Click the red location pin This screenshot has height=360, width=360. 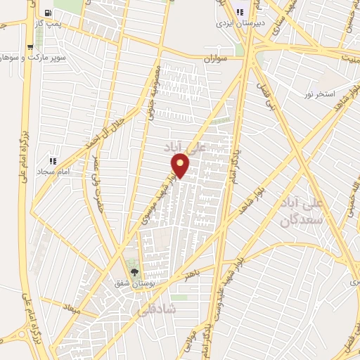tap(180, 166)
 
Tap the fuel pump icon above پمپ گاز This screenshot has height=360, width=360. tap(47, 13)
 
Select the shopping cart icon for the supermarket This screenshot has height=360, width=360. tap(30, 47)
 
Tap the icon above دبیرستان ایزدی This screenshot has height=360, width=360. tap(240, 11)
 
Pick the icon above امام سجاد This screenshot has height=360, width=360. tap(51, 161)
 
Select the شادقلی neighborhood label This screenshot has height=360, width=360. tap(180, 309)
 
